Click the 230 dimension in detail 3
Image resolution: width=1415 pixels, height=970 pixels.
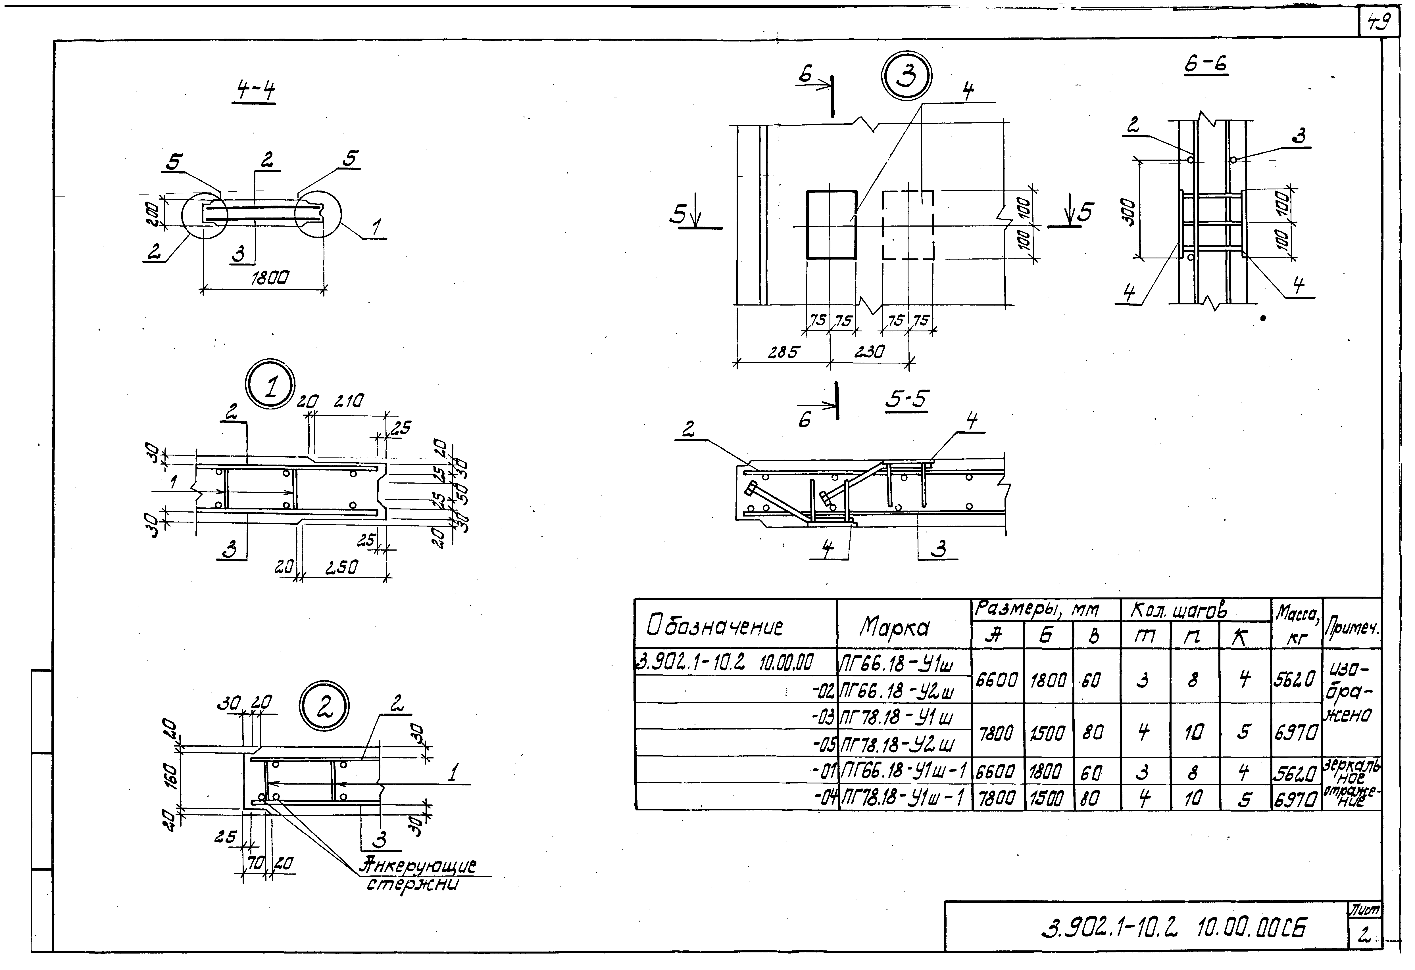870,352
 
